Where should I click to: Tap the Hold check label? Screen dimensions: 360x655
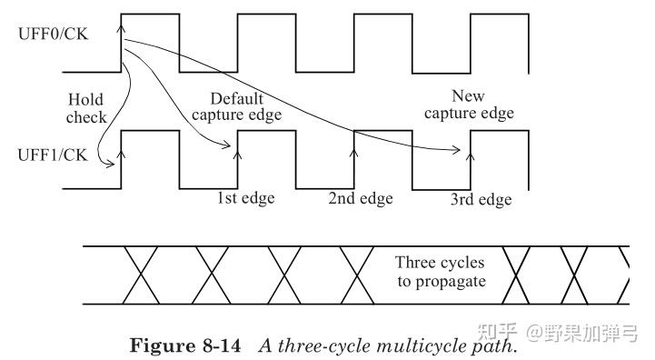click(86, 108)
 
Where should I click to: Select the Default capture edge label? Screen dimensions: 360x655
click(245, 106)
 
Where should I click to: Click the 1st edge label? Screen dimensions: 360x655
click(244, 196)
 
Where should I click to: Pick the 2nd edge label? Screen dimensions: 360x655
click(359, 196)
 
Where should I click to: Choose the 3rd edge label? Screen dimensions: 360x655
click(481, 198)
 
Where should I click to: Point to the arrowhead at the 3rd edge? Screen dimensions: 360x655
click(470, 155)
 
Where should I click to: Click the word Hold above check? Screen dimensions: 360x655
click(86, 100)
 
